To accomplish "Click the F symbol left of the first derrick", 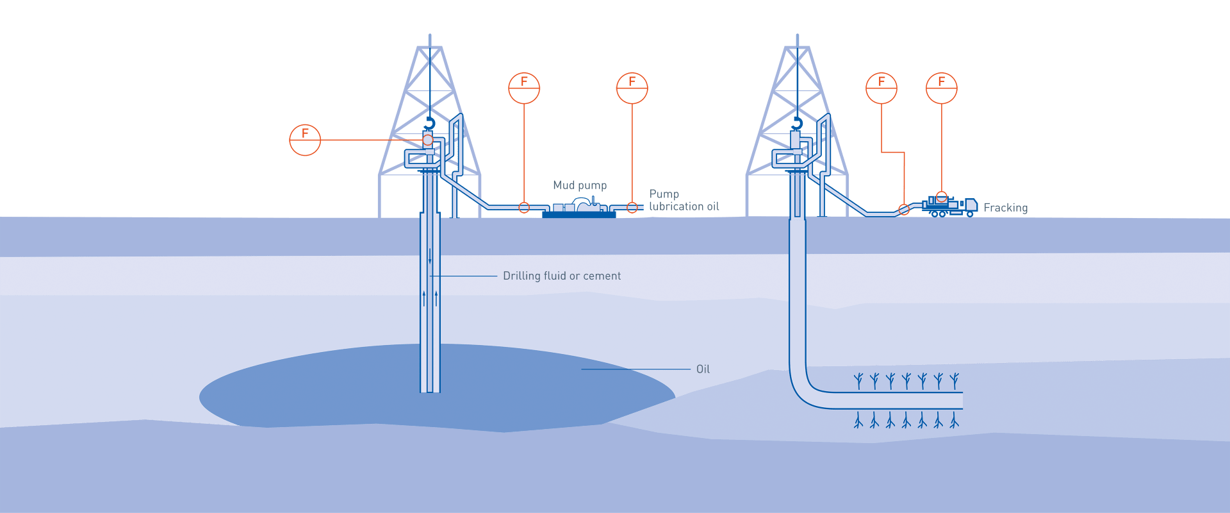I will (305, 139).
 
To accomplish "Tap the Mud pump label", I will (580, 185).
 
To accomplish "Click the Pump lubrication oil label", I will (684, 200).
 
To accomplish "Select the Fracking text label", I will (1006, 208).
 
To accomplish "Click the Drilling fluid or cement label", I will (562, 276).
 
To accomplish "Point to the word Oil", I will (703, 369).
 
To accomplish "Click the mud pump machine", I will (579, 208).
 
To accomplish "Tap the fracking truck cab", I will (971, 205).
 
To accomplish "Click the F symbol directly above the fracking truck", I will (942, 88).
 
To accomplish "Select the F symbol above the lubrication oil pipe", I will (632, 88).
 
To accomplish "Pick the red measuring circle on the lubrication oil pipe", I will (632, 208).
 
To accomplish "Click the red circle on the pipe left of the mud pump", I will (524, 208).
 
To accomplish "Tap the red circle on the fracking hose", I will (904, 210).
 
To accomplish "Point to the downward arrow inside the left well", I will (430, 258).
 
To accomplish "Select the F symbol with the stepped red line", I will (881, 88).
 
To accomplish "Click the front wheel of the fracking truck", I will (970, 214).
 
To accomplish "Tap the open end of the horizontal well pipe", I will (960, 400).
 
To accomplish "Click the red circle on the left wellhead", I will (428, 140).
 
